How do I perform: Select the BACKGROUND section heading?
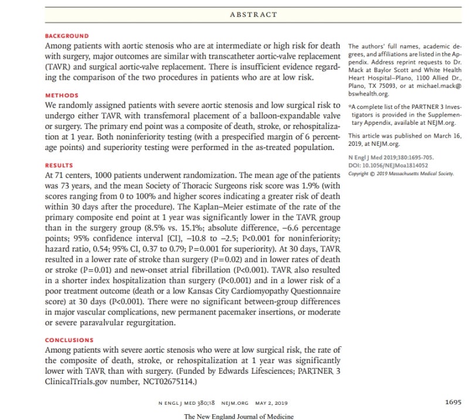click(67, 36)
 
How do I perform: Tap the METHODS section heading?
click(62, 95)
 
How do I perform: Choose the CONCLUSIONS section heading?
click(69, 340)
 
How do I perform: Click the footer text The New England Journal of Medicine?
click(239, 416)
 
